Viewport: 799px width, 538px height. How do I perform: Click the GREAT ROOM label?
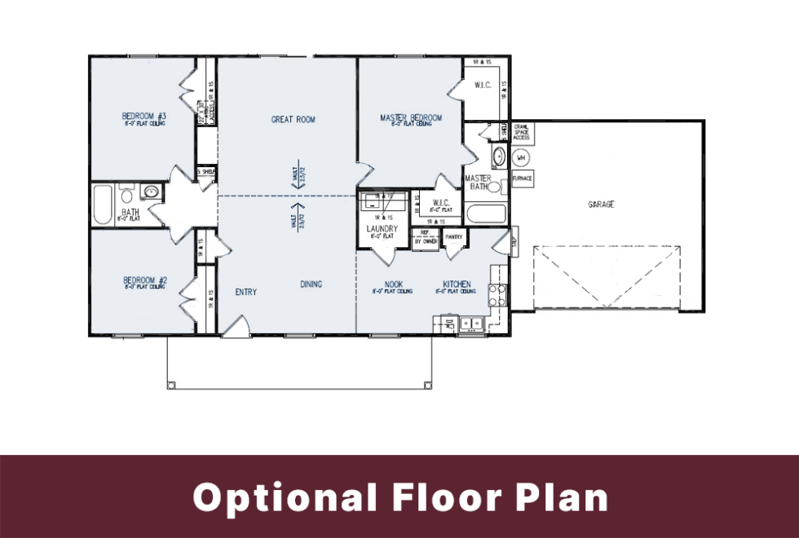click(293, 120)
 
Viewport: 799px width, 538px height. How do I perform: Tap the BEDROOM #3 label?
click(144, 116)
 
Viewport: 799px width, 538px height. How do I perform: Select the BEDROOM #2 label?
click(144, 280)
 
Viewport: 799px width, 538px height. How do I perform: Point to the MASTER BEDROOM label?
click(411, 118)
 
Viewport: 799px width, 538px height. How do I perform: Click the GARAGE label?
click(601, 205)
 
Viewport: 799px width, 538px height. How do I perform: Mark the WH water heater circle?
click(522, 157)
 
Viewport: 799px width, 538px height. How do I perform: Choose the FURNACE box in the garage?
click(522, 178)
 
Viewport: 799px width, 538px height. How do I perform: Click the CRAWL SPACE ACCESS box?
click(521, 131)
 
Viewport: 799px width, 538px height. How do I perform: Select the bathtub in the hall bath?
click(102, 206)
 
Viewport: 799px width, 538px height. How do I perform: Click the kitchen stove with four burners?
click(497, 295)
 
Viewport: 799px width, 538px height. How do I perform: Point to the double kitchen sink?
click(470, 324)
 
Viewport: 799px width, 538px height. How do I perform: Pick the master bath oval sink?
click(498, 157)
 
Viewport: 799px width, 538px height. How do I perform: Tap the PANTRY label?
click(454, 237)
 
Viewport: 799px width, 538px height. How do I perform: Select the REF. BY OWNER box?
click(425, 238)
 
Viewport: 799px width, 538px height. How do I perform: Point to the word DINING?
click(311, 284)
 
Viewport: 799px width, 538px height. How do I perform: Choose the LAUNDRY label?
click(382, 229)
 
